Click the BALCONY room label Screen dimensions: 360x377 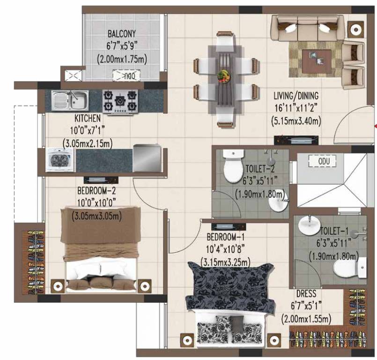click(122, 34)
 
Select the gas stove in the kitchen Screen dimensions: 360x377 click(121, 101)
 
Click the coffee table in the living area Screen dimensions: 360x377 click(317, 61)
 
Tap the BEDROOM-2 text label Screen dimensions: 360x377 click(97, 191)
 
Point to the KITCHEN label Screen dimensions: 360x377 click(84, 120)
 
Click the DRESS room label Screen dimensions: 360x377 click(306, 294)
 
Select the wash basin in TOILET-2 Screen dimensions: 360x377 click(281, 204)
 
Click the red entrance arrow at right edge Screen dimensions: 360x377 click(375, 125)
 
